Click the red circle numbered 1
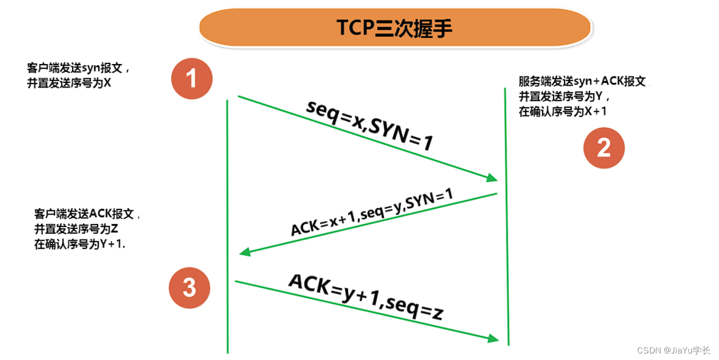[x=191, y=79]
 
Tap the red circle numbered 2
[x=604, y=147]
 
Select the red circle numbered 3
[x=189, y=287]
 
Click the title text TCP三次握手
[x=395, y=28]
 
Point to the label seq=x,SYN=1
[x=370, y=125]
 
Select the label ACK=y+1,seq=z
[x=366, y=296]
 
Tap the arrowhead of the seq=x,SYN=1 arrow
[x=492, y=178]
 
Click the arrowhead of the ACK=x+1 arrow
[x=245, y=252]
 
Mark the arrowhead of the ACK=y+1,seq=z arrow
[x=493, y=338]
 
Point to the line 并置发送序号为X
[x=69, y=83]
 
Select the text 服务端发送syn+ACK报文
[x=582, y=82]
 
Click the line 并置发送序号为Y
[x=563, y=97]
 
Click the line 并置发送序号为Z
[x=76, y=228]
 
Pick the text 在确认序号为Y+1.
[x=79, y=243]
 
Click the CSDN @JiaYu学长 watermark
[x=673, y=350]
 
